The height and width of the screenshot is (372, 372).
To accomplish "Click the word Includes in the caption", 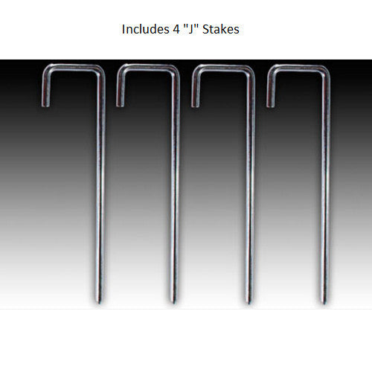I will (x=141, y=31).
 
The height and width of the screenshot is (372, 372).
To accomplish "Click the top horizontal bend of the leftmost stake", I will (x=72, y=68).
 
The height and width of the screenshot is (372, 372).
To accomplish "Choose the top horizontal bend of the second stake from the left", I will (x=147, y=68).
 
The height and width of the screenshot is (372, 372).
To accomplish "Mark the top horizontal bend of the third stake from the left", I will (x=223, y=68).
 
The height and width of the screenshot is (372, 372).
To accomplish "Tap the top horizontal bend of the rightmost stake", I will (x=298, y=68).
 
